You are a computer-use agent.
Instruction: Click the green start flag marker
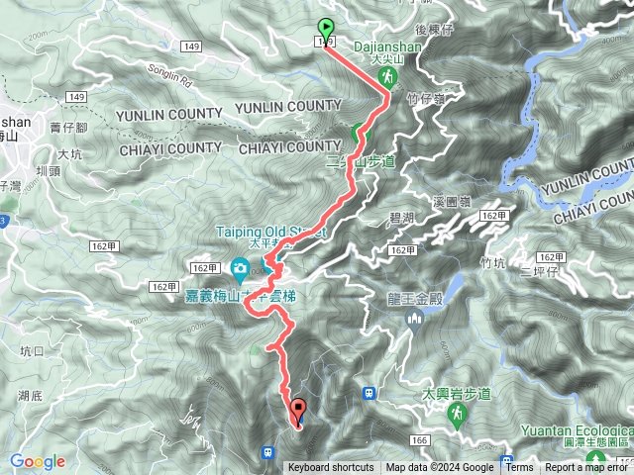tap(326, 30)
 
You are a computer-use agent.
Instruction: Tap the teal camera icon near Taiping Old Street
tap(240, 268)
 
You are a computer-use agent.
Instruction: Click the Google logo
tap(38, 461)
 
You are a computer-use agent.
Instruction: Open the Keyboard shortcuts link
tap(331, 468)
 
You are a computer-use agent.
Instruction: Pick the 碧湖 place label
tap(400, 216)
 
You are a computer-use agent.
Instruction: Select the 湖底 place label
tap(29, 396)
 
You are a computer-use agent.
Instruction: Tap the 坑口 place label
tap(33, 350)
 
